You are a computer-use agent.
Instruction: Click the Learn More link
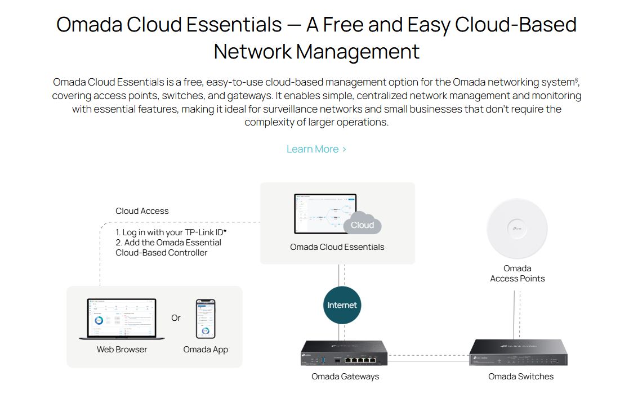tap(316, 149)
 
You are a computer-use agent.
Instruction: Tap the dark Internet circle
tap(342, 305)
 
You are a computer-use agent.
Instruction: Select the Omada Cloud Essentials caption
tap(337, 247)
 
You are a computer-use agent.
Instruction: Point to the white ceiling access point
tap(517, 227)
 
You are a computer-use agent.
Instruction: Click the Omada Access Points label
tap(517, 274)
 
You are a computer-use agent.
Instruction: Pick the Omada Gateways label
tap(345, 377)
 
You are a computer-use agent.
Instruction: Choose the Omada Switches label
tap(520, 377)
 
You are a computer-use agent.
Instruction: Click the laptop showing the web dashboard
tap(122, 319)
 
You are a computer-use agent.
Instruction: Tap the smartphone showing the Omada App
tap(206, 319)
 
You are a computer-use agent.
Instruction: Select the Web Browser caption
tap(122, 350)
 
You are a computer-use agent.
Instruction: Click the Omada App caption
tap(206, 350)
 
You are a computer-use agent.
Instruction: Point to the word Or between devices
tap(176, 318)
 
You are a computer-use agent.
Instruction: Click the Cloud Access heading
tap(142, 211)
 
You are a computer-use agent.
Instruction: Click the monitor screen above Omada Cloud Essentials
tap(325, 213)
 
